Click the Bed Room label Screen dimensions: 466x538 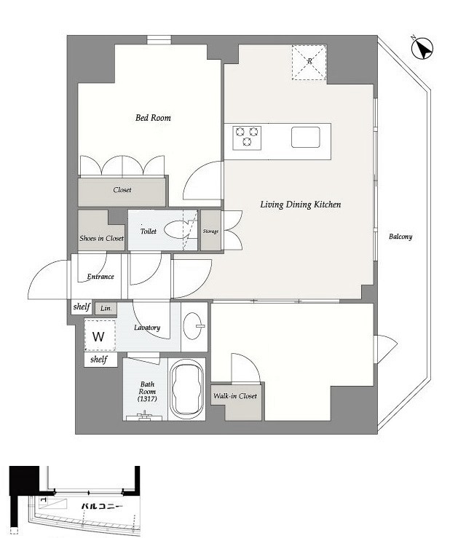153,118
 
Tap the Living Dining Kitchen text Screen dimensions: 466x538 301,205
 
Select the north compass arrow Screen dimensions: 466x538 422,48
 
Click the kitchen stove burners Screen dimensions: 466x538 247,138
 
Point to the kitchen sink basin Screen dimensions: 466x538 305,138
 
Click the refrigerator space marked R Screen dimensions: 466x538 309,63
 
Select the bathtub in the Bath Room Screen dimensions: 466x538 186,389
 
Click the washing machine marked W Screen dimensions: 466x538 100,335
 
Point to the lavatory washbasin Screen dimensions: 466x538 194,325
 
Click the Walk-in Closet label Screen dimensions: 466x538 235,396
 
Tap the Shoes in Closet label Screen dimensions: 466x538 101,238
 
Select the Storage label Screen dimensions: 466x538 210,232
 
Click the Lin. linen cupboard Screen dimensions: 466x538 106,309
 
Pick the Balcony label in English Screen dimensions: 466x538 400,237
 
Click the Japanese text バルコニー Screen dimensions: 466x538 102,506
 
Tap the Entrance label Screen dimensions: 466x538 100,277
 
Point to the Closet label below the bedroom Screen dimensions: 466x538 122,190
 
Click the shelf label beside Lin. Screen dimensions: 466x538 82,306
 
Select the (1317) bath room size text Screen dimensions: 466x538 147,399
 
